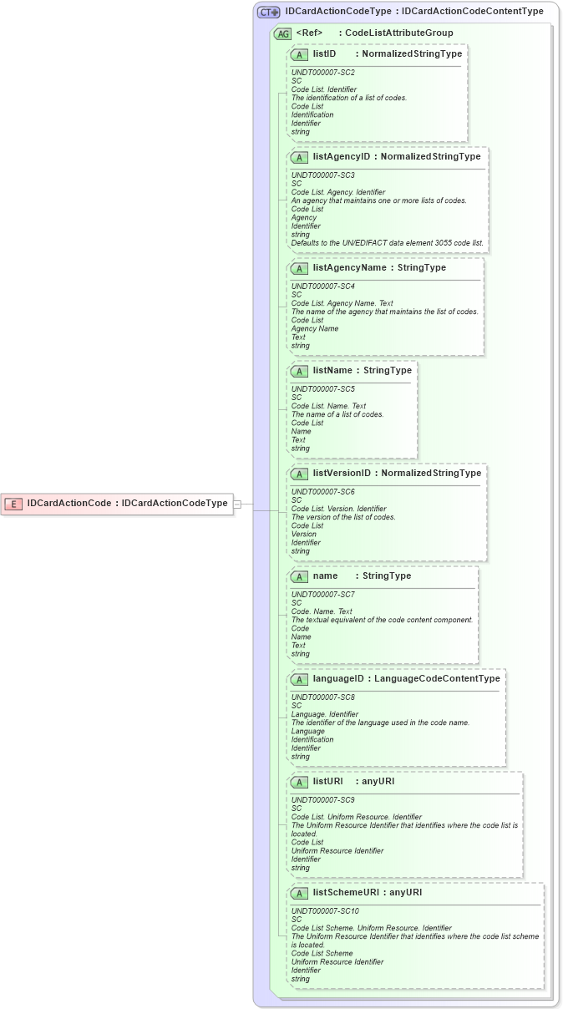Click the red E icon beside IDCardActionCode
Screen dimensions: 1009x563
[x=13, y=504]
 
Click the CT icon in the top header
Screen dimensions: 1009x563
[x=268, y=12]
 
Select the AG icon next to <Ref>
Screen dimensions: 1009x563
[x=283, y=33]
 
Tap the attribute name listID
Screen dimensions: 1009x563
[x=324, y=53]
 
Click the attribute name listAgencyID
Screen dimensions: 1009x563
[x=341, y=156]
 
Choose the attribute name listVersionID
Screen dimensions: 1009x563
[x=342, y=473]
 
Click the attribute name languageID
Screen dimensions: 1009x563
[x=338, y=678]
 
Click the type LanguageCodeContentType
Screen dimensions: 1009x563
[x=437, y=678]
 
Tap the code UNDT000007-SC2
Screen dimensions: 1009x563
[x=322, y=73]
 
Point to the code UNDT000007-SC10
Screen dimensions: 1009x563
[x=325, y=911]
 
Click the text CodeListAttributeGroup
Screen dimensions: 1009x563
[x=398, y=33]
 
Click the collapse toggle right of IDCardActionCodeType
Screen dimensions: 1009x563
[x=238, y=504]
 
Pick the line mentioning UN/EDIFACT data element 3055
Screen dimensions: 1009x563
[x=387, y=243]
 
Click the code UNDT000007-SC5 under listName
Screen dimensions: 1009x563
[x=322, y=389]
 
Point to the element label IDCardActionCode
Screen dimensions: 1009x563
[x=69, y=504]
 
